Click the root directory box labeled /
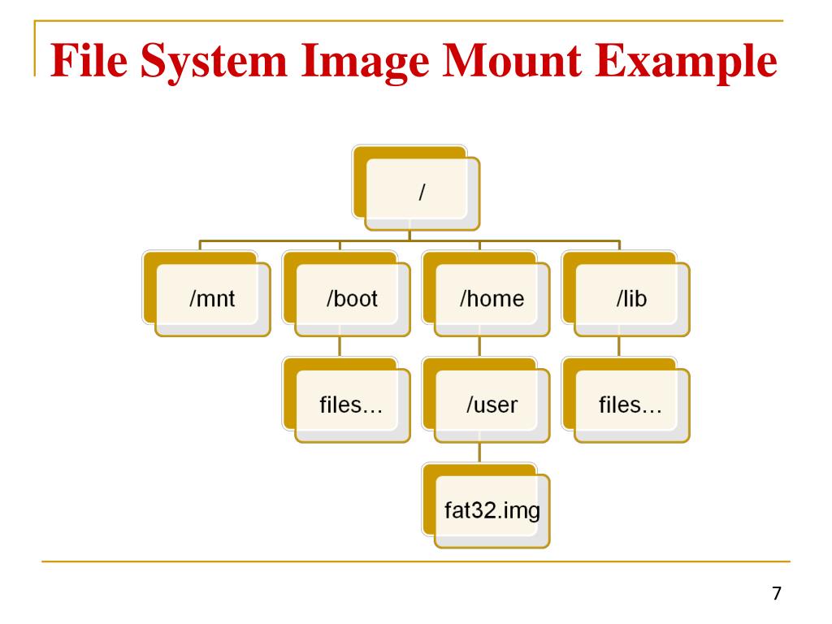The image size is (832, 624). (422, 193)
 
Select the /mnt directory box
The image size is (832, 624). (212, 299)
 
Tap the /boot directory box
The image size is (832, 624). (352, 299)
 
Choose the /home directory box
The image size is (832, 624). (492, 299)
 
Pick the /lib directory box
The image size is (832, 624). (631, 299)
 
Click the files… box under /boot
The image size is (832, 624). (352, 405)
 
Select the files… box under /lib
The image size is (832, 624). (631, 405)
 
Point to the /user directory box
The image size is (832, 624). (492, 405)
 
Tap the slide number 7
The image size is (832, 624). (776, 593)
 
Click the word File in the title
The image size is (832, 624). (89, 62)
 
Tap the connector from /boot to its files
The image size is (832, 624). (339, 347)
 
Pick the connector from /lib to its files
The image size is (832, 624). (618, 347)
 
